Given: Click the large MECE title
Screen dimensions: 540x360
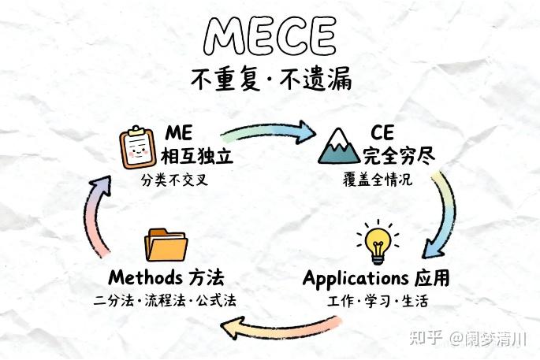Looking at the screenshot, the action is point(270,35).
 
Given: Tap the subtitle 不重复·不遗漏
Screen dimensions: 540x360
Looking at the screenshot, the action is point(270,80).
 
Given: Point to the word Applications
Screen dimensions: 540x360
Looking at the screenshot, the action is point(354,279).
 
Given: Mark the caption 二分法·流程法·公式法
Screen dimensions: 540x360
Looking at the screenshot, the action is point(165,302).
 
